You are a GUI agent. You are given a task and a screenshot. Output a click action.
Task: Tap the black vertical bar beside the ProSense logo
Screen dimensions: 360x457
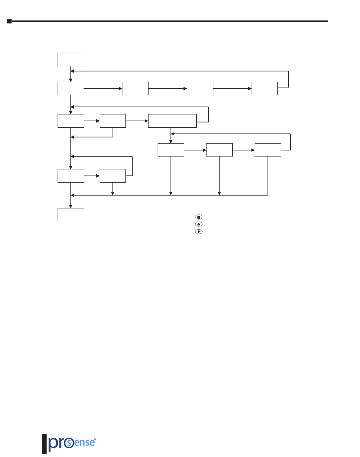pos(44,444)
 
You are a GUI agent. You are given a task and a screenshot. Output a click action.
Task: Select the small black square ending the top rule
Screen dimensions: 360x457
pos(10,21)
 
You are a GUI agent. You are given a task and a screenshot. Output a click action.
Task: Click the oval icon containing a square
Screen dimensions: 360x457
pos(199,217)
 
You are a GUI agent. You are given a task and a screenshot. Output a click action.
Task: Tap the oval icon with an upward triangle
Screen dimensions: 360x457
pos(199,224)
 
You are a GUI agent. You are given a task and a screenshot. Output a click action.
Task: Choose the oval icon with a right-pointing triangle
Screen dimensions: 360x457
pos(199,231)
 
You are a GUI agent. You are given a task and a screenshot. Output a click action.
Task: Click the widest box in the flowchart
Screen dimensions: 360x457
pos(172,121)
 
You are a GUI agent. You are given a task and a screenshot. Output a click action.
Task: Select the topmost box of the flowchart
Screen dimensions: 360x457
pos(71,60)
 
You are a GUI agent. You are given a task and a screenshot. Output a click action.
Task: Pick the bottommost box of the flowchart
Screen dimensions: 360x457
pos(71,214)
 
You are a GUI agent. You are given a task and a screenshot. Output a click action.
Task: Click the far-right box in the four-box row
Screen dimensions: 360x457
pos(265,88)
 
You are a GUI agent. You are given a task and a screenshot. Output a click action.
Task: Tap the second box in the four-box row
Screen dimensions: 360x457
pos(135,88)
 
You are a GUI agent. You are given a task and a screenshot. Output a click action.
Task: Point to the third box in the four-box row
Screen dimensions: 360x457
pos(200,88)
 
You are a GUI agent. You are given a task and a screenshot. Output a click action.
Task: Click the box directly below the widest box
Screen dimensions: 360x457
pos(171,150)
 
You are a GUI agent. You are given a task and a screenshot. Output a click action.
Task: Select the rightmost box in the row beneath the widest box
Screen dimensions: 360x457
pos(268,150)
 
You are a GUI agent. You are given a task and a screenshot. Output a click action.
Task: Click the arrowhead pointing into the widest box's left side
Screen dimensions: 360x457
pos(146,121)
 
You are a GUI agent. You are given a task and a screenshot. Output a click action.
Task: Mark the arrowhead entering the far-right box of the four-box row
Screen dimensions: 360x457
pos(250,89)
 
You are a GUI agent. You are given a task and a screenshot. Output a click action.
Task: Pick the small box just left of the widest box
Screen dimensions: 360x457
pos(113,121)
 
